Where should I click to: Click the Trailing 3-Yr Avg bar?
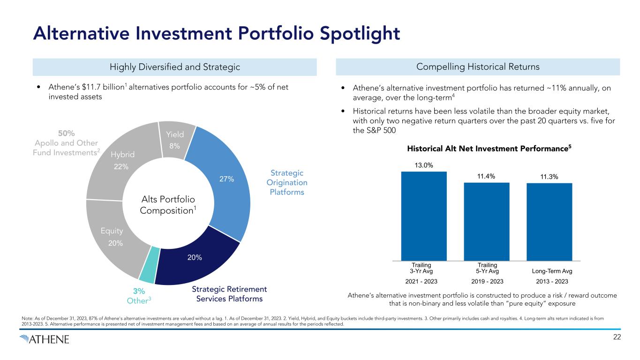coord(424,216)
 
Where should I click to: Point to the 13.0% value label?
coord(423,165)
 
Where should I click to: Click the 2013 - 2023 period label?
coord(552,281)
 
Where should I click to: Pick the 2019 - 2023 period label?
coord(486,281)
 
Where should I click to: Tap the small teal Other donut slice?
coord(147,274)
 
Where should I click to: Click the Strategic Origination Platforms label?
coord(287,183)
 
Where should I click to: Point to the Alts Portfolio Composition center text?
coord(168,205)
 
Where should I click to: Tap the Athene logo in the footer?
coord(45,339)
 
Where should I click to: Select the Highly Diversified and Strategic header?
coord(174,67)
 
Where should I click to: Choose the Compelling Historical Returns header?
coord(478,67)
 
